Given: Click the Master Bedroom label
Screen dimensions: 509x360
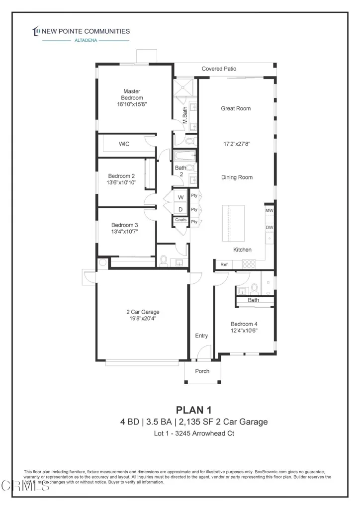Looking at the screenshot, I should [x=132, y=94].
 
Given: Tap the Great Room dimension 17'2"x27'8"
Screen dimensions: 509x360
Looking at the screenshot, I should [x=236, y=144].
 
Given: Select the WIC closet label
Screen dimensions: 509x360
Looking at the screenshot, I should [x=124, y=144].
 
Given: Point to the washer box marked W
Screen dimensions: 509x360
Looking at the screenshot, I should [x=181, y=197].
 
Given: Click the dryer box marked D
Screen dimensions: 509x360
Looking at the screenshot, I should [x=181, y=209].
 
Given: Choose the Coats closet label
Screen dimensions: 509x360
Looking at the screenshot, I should [x=181, y=220].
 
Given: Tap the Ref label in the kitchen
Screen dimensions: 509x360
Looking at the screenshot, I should [x=224, y=265].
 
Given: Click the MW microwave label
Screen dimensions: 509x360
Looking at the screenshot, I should [x=269, y=211].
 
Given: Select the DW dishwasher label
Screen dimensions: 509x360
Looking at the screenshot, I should [x=269, y=228].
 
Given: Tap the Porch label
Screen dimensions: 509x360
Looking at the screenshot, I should [x=202, y=371].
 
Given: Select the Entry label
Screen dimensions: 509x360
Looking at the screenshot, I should [x=201, y=336].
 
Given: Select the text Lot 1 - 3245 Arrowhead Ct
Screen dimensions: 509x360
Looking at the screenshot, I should [x=194, y=433].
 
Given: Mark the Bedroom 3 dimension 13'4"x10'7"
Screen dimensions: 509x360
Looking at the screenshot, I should [x=124, y=231].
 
